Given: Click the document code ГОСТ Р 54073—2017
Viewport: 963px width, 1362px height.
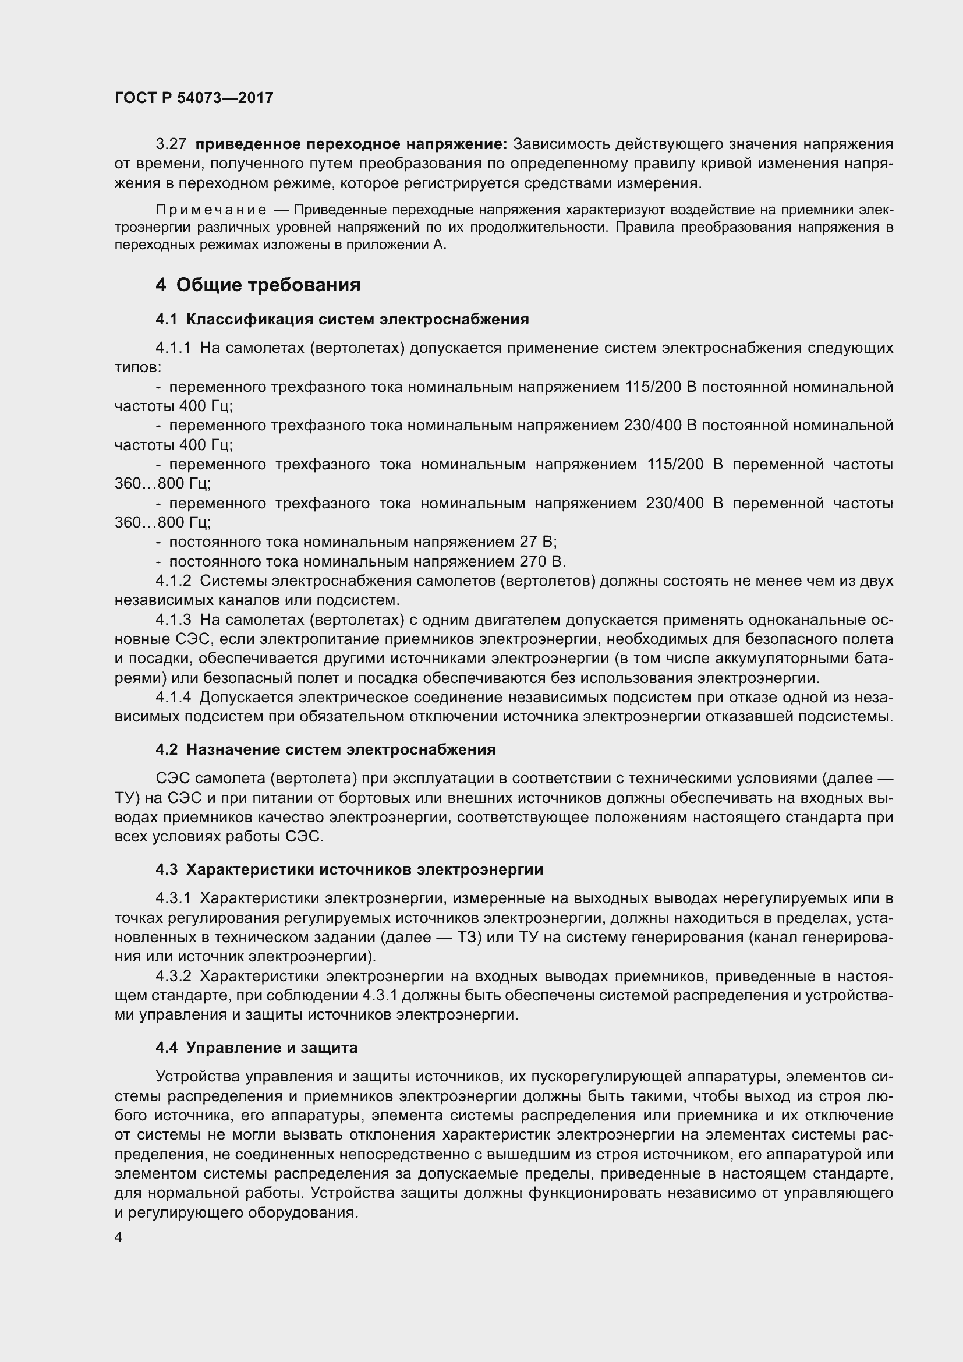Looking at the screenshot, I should tap(194, 98).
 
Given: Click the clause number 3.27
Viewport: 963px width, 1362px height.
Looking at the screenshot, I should tap(171, 144).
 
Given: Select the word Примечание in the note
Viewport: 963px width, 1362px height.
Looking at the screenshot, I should tap(211, 210).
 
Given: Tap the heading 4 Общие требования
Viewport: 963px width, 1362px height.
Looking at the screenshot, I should tap(258, 285).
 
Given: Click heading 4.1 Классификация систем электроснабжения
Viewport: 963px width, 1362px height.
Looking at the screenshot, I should tap(342, 320).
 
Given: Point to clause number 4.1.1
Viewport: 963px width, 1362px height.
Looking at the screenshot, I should tap(173, 348).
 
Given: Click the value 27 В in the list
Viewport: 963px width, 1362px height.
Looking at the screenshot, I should tap(537, 542).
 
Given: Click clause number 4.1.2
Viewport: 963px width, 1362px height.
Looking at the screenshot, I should tap(173, 581).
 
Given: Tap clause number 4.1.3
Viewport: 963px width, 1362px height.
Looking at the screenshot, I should tap(173, 621).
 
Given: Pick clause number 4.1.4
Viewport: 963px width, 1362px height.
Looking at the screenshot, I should tap(173, 698).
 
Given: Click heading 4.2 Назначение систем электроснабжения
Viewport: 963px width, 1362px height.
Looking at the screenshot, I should tap(325, 750).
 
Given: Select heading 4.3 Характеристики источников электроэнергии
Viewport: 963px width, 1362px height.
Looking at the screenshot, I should tap(349, 870).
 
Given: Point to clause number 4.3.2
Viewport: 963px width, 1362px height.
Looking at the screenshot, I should tap(173, 977).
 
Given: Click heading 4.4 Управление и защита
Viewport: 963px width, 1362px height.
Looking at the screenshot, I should tap(256, 1048).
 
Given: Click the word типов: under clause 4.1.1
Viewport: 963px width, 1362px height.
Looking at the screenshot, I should tap(137, 368).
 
